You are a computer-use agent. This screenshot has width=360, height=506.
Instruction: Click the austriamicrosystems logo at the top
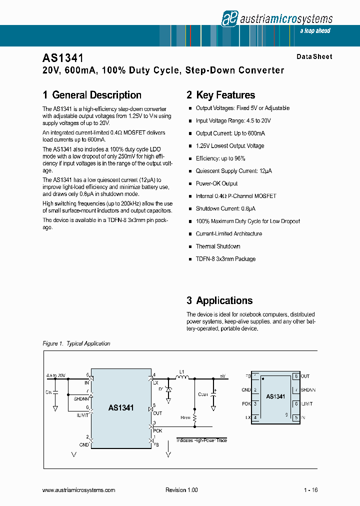(x=277, y=19)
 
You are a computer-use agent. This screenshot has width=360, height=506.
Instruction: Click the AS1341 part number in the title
(x=63, y=58)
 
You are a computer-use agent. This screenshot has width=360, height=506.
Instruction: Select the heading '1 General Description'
(x=92, y=95)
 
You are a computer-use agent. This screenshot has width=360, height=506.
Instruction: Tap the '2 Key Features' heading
(x=220, y=95)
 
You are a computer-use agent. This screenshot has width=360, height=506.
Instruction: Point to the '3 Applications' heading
(x=219, y=300)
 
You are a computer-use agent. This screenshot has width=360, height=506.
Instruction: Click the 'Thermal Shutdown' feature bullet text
(x=218, y=246)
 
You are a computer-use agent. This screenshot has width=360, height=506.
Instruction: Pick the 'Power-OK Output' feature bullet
(x=216, y=183)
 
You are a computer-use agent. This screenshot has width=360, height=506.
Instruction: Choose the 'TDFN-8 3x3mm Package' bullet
(x=225, y=259)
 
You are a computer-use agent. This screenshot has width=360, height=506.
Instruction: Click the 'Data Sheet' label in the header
(x=314, y=57)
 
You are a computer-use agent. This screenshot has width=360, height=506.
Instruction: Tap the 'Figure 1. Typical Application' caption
(x=76, y=343)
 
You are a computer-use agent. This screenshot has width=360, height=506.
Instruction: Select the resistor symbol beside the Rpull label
(x=195, y=416)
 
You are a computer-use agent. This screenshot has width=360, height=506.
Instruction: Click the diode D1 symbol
(x=168, y=389)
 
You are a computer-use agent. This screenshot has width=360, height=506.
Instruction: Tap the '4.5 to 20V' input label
(x=55, y=375)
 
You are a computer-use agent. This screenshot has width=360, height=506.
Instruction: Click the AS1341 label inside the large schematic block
(x=121, y=407)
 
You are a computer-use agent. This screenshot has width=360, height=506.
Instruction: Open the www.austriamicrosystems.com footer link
(x=79, y=490)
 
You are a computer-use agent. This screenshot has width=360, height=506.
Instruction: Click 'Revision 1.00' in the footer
(x=181, y=490)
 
